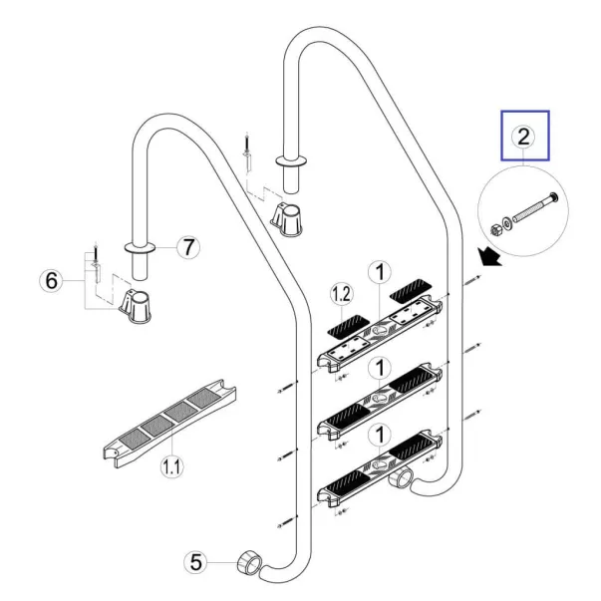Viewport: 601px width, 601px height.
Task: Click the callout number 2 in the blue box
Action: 524,137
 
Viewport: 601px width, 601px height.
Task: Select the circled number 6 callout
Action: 51,282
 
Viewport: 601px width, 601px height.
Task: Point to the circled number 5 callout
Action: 197,563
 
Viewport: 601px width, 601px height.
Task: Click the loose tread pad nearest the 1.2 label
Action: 347,323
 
